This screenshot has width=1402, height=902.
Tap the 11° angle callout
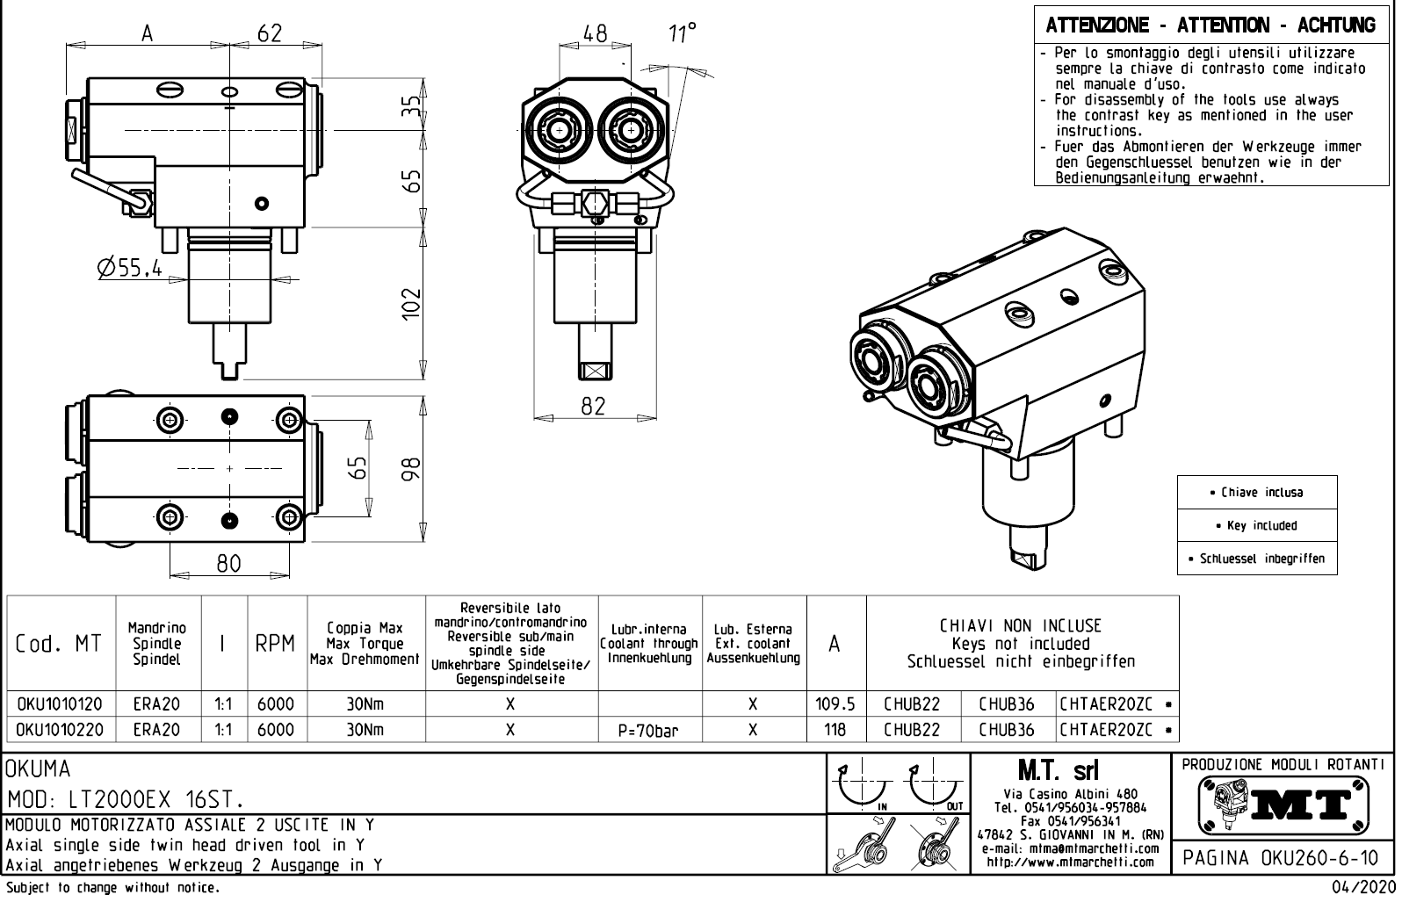click(682, 33)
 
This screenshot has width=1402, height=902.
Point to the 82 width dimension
click(594, 406)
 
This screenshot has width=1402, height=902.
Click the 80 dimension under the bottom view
click(228, 563)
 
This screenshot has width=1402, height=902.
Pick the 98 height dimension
click(410, 467)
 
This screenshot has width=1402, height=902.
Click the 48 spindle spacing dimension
click(595, 33)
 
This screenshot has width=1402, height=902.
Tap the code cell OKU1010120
click(60, 704)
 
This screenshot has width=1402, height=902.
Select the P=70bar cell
click(649, 730)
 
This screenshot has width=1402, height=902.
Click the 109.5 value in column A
click(835, 704)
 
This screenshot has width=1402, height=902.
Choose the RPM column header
click(276, 644)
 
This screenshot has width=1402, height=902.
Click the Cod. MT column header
click(59, 644)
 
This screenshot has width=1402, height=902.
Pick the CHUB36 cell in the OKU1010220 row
click(1007, 730)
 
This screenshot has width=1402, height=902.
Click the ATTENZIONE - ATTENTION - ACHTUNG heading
click(1210, 25)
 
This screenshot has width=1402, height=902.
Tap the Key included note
click(1256, 525)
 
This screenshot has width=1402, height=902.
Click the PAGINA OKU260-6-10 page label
click(1283, 857)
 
